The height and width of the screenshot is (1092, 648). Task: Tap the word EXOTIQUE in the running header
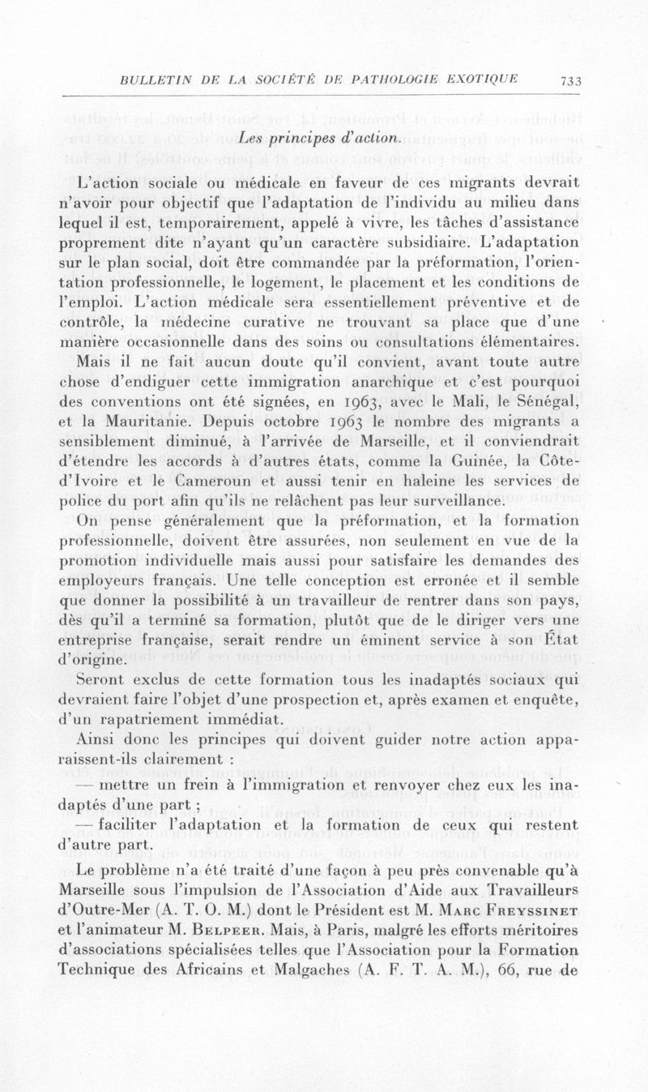[480, 79]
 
